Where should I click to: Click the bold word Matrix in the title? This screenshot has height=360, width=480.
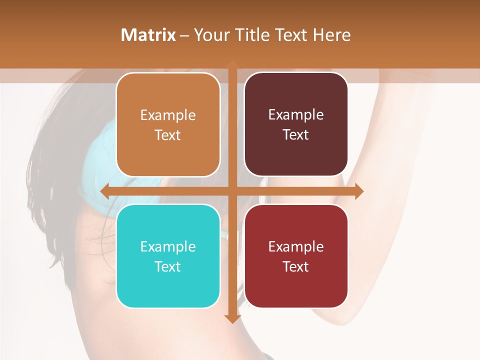point(148,35)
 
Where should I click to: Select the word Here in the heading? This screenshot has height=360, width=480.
point(332,35)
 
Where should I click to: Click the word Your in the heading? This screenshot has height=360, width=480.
point(210,35)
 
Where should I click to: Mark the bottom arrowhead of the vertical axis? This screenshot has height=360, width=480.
point(232,318)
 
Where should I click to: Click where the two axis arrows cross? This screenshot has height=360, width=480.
point(232,191)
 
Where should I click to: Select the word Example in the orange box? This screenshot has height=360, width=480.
point(168,115)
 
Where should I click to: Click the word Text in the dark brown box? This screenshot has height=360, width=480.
point(296,135)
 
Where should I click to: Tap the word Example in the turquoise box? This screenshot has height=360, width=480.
point(168,247)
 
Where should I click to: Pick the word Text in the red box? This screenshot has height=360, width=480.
point(296,266)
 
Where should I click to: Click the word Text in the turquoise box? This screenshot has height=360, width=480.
point(168,266)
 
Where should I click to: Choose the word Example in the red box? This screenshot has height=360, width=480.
point(296,247)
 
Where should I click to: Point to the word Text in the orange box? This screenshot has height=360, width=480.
point(168,135)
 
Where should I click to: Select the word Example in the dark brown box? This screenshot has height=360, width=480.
point(296,115)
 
